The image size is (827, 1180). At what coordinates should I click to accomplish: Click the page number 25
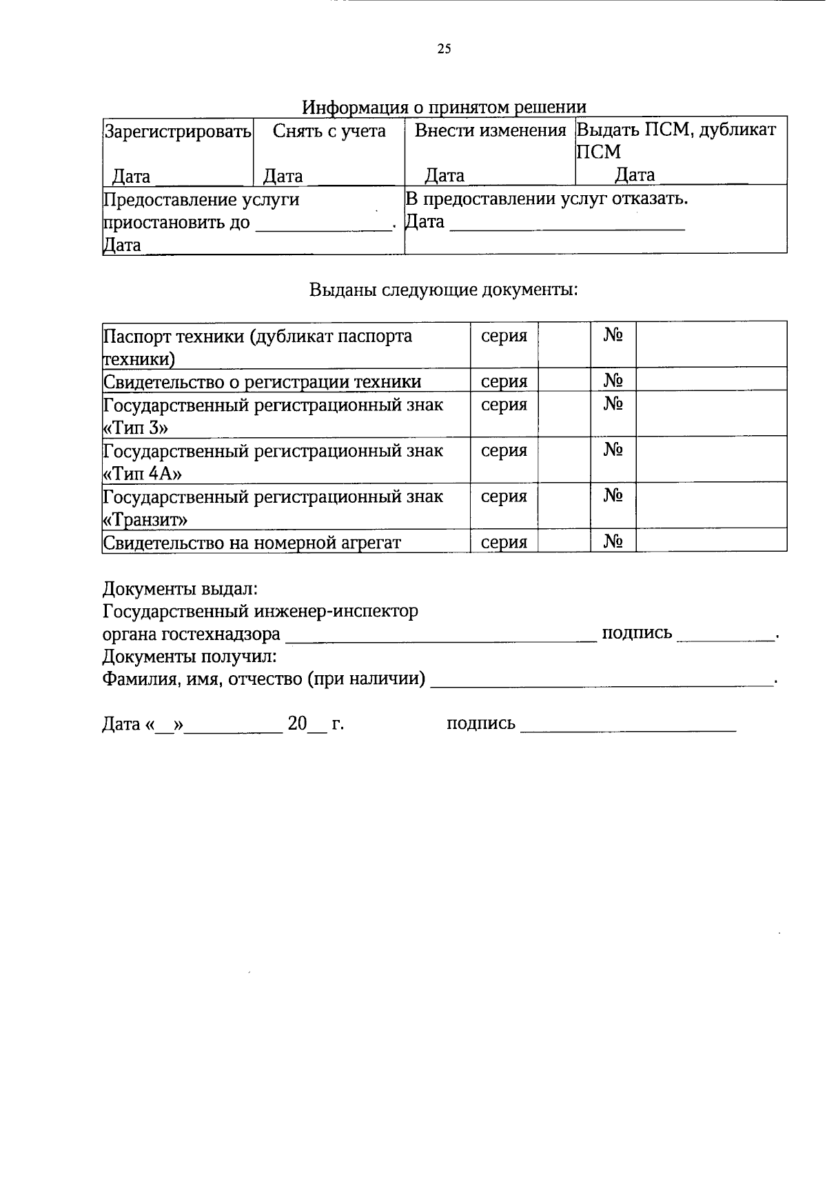coord(444,48)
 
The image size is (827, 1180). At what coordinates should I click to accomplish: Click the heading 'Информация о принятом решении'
coord(444,108)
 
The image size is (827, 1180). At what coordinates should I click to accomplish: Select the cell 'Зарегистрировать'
coord(177,131)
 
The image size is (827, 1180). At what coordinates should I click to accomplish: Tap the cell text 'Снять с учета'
coord(329,130)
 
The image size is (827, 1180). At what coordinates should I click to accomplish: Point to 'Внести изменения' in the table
coord(489,130)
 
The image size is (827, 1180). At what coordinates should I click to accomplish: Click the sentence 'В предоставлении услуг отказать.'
coord(547,199)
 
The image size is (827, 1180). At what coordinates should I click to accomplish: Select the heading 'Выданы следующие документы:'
coord(443,289)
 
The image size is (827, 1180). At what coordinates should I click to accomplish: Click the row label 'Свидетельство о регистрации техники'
coord(262,381)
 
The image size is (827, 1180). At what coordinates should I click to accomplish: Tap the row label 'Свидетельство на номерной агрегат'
coord(252,542)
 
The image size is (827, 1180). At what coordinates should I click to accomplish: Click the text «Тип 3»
coord(135,428)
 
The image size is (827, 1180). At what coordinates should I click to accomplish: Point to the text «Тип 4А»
coord(142,473)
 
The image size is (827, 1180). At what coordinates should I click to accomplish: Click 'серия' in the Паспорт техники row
coord(504,336)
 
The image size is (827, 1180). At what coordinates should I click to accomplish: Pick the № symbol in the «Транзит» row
coord(613,496)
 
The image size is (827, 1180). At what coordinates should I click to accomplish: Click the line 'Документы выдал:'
coord(180,589)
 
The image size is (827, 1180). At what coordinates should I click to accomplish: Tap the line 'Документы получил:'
coord(190,656)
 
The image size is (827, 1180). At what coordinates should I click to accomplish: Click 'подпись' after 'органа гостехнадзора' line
coord(637,633)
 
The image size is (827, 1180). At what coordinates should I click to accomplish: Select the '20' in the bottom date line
coord(297,723)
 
